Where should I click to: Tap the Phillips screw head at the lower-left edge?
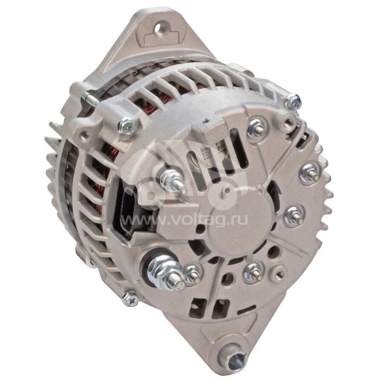(x=131, y=298)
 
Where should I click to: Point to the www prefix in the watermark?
(x=135, y=221)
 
